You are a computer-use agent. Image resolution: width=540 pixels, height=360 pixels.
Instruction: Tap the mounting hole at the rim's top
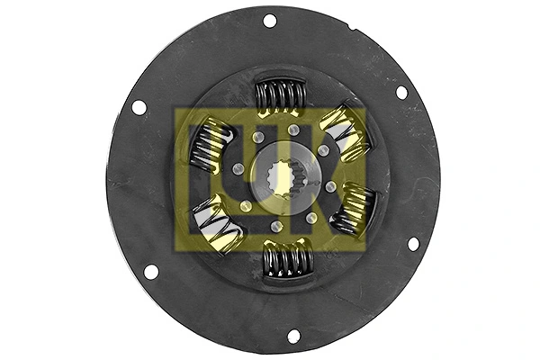269,21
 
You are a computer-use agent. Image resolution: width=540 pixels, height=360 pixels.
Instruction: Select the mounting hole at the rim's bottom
293,336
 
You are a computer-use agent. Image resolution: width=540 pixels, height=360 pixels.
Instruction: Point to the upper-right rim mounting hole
401,92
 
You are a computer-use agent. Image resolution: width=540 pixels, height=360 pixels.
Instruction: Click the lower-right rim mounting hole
413,244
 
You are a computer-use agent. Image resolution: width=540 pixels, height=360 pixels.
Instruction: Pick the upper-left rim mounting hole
139,108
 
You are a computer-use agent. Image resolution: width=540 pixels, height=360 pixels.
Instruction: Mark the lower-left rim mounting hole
151,271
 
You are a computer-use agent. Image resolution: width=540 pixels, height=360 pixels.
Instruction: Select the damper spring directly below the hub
286,260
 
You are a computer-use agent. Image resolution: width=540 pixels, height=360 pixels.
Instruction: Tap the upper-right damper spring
346,130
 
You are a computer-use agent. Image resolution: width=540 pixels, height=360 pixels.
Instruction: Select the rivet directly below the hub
277,226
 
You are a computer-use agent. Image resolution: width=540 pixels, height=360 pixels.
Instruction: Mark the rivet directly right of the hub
330,186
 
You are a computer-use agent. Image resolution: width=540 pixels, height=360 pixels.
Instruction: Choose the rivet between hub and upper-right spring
322,150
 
